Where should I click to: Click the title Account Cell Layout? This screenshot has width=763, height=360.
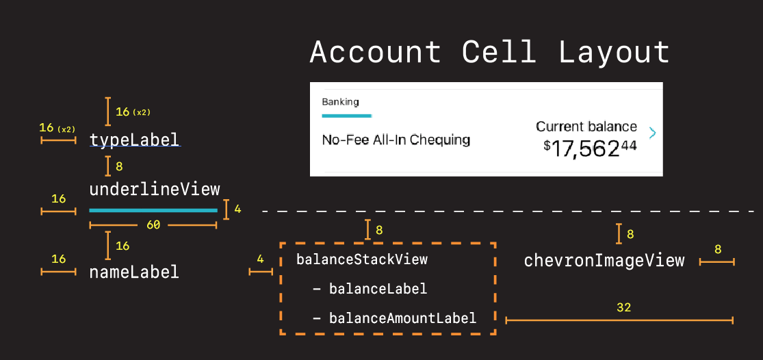(x=489, y=53)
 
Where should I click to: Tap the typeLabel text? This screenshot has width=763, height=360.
(x=134, y=140)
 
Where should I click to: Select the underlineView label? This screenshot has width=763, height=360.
(x=155, y=190)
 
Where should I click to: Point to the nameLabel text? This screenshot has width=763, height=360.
(x=134, y=272)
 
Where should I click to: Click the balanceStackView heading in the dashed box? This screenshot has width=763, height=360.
(x=361, y=259)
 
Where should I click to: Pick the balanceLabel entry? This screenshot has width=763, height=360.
(x=378, y=289)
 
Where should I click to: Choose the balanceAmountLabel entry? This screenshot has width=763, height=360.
(x=402, y=318)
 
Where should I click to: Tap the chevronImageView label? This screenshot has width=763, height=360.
(x=604, y=260)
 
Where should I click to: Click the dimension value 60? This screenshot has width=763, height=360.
(x=153, y=224)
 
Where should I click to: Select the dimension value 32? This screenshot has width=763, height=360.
(x=623, y=308)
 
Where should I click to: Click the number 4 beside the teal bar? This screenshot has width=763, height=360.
(x=237, y=209)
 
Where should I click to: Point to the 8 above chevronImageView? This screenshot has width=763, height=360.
(x=630, y=234)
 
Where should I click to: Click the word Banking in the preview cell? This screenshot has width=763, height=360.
(x=340, y=102)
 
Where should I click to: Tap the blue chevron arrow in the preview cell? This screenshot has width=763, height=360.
(x=652, y=133)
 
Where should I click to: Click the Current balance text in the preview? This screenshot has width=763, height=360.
(x=586, y=127)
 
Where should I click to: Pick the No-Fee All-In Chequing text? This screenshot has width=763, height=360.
(x=396, y=140)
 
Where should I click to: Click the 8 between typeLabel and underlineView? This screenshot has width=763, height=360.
(x=120, y=166)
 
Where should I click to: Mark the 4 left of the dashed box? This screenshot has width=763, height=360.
(x=260, y=259)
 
